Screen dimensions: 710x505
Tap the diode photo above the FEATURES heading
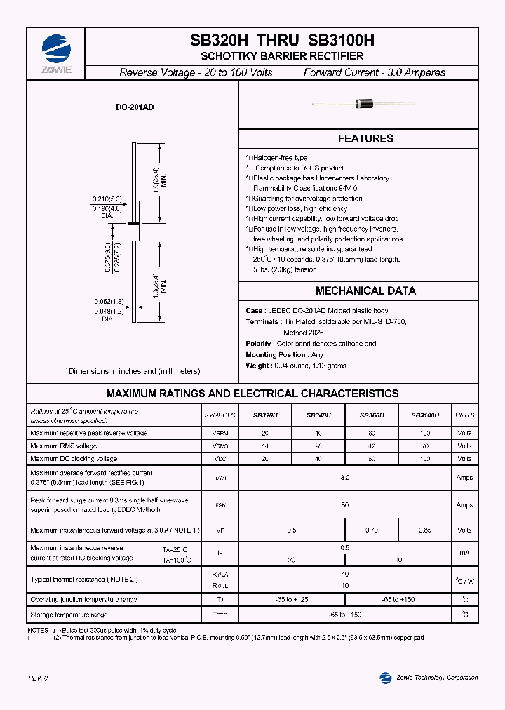[x=365, y=105]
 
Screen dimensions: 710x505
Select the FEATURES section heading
[x=365, y=139]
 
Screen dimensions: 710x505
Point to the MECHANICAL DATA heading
[x=365, y=290]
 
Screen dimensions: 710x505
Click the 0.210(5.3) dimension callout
[x=107, y=199]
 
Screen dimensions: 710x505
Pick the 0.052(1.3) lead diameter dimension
[x=107, y=302]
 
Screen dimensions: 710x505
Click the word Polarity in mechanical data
[x=258, y=344]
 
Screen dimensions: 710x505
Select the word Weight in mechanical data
[x=257, y=366]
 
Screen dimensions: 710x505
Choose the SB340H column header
[x=318, y=415]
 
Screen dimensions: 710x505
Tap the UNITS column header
[x=464, y=415]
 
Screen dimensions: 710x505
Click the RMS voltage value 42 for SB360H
[x=372, y=446]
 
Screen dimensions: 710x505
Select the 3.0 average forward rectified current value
[x=344, y=478]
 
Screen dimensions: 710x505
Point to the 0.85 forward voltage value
[x=425, y=530]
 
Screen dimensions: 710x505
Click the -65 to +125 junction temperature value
[x=292, y=600]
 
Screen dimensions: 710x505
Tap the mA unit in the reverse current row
[x=464, y=554]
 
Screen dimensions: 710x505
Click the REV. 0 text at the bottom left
[x=38, y=678]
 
